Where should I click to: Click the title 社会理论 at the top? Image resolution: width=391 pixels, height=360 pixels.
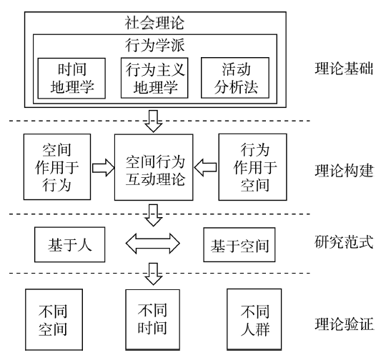[154, 23]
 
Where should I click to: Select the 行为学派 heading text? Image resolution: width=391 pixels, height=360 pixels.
[155, 45]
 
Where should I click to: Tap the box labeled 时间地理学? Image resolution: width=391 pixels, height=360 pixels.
[71, 79]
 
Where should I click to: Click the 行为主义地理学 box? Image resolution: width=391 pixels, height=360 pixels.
[154, 78]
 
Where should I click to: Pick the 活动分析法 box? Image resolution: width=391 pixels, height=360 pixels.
[235, 78]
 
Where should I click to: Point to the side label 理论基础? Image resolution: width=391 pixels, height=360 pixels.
[344, 69]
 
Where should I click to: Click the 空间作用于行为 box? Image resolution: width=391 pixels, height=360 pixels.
[57, 167]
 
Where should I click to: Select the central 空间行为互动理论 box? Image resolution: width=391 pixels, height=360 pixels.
[154, 167]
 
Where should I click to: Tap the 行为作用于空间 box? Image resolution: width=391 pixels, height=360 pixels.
[252, 167]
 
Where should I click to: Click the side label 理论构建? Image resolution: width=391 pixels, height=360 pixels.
[344, 171]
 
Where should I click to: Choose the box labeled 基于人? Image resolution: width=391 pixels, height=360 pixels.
[69, 244]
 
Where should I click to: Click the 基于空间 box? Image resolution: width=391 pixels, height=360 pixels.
[239, 245]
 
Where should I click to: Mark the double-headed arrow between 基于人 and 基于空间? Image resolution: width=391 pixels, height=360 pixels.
[152, 244]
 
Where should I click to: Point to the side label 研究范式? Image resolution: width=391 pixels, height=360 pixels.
[344, 241]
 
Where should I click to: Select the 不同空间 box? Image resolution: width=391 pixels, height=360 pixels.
[54, 319]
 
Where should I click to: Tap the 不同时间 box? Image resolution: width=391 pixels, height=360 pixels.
[152, 319]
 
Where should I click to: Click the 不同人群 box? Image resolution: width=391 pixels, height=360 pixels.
[254, 319]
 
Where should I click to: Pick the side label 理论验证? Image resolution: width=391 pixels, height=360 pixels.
[344, 324]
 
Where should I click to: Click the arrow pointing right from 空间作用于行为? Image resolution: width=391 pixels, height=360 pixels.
[104, 168]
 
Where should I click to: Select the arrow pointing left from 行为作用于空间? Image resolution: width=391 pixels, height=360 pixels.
[205, 167]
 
